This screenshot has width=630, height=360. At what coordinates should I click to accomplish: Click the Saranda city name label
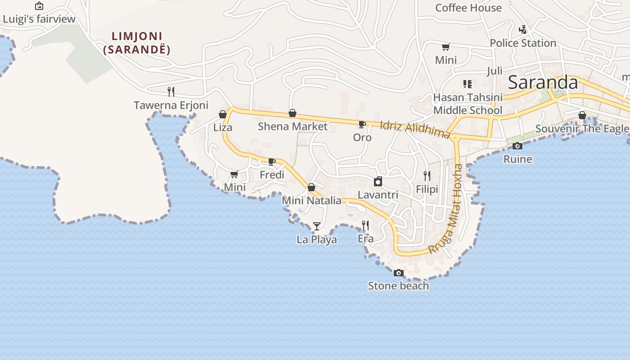tap(543, 83)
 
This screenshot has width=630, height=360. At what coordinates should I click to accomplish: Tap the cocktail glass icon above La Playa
tap(317, 226)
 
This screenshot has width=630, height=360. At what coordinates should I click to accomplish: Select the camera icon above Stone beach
tap(398, 273)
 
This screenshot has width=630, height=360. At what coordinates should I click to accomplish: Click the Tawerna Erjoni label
tap(171, 105)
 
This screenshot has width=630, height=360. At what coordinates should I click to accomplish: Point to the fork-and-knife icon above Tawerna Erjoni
tap(171, 92)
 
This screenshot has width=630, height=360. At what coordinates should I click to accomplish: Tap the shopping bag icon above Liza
tap(223, 114)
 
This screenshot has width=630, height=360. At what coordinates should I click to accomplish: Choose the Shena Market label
tap(292, 126)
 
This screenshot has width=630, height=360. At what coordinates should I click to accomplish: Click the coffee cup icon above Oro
tap(362, 124)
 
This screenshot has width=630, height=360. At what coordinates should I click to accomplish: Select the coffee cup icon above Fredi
tap(272, 162)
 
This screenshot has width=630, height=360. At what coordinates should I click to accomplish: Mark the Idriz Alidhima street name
tap(415, 129)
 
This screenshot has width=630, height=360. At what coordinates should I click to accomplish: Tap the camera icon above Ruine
tap(517, 146)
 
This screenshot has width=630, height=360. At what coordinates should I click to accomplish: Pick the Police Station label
tap(523, 43)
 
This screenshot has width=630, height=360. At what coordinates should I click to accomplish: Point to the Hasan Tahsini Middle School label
tap(468, 104)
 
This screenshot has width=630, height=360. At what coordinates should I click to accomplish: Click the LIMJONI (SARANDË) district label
tap(137, 43)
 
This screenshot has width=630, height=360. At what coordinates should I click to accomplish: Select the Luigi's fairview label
tap(39, 19)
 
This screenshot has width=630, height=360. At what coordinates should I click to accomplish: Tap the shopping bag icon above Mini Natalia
tap(311, 187)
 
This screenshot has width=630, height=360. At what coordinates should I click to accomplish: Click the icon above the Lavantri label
tap(378, 181)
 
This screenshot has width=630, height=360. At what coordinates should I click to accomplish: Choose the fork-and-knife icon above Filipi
tap(427, 175)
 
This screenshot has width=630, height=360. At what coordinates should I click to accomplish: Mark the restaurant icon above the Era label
tap(365, 225)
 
